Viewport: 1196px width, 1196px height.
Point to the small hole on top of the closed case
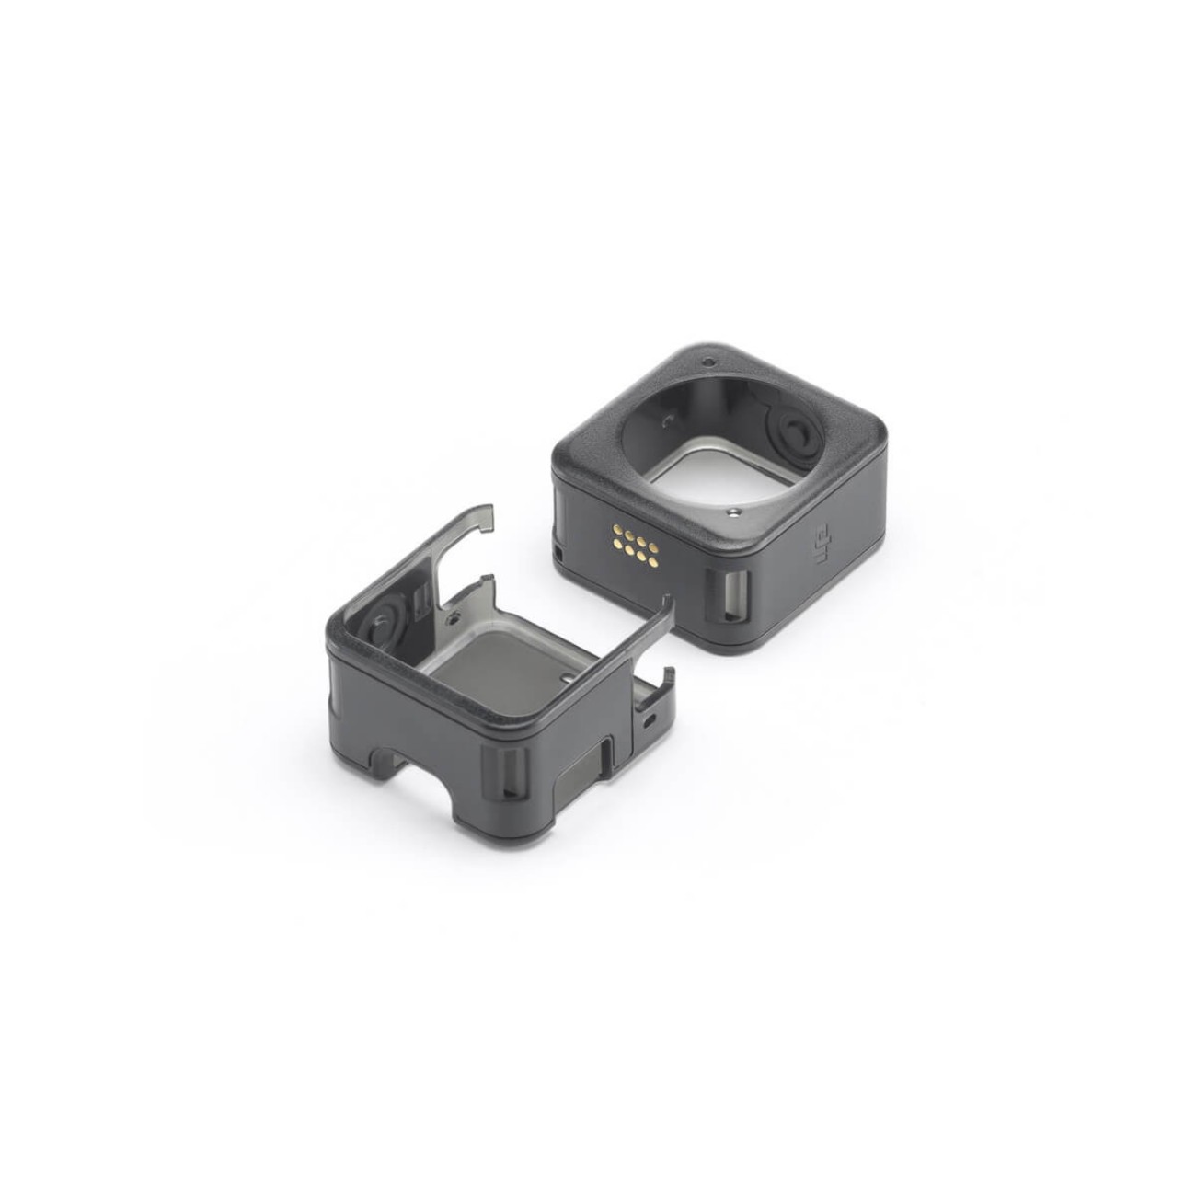tap(707, 361)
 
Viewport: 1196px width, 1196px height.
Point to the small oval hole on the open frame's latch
tap(650, 719)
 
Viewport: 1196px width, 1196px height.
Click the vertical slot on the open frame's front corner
tap(512, 773)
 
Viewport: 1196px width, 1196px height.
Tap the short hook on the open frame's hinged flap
tap(665, 678)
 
